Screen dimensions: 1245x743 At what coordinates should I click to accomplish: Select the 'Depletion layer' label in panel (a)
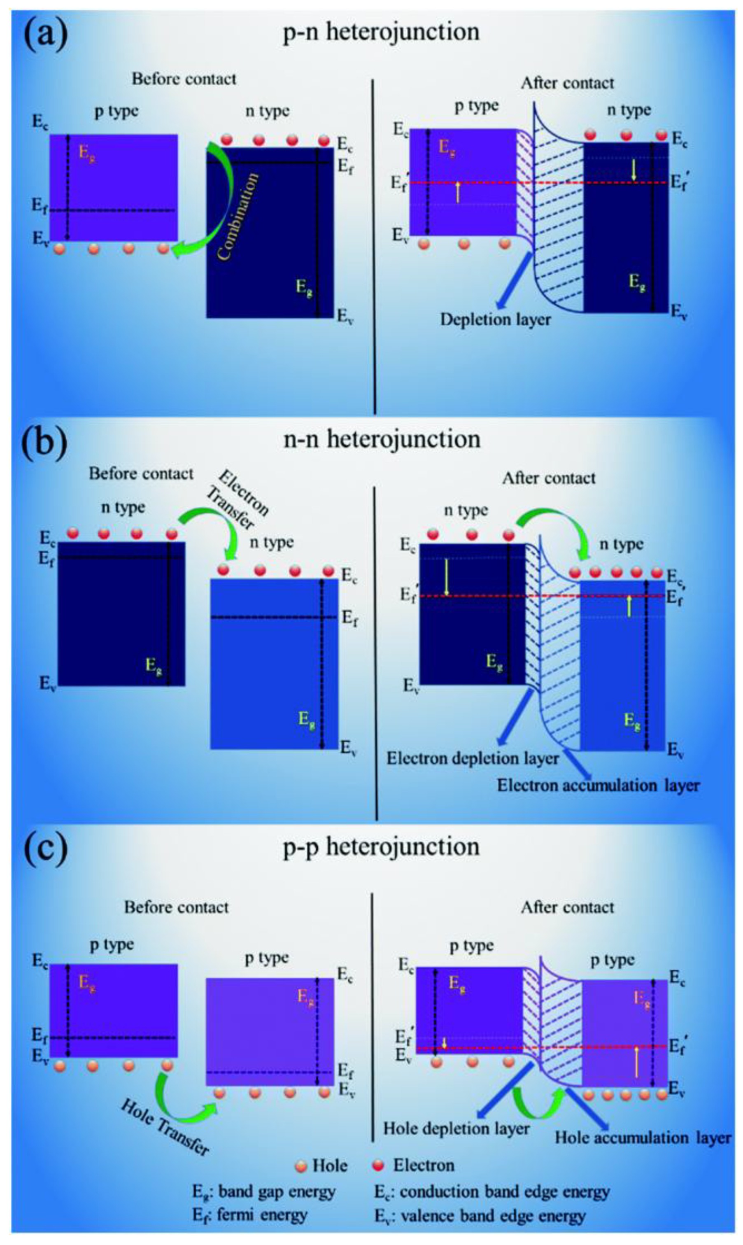pos(495,319)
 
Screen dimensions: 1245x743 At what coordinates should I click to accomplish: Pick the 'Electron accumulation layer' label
pos(598,786)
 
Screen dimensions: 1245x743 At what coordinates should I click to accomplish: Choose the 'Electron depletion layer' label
pos(472,758)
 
